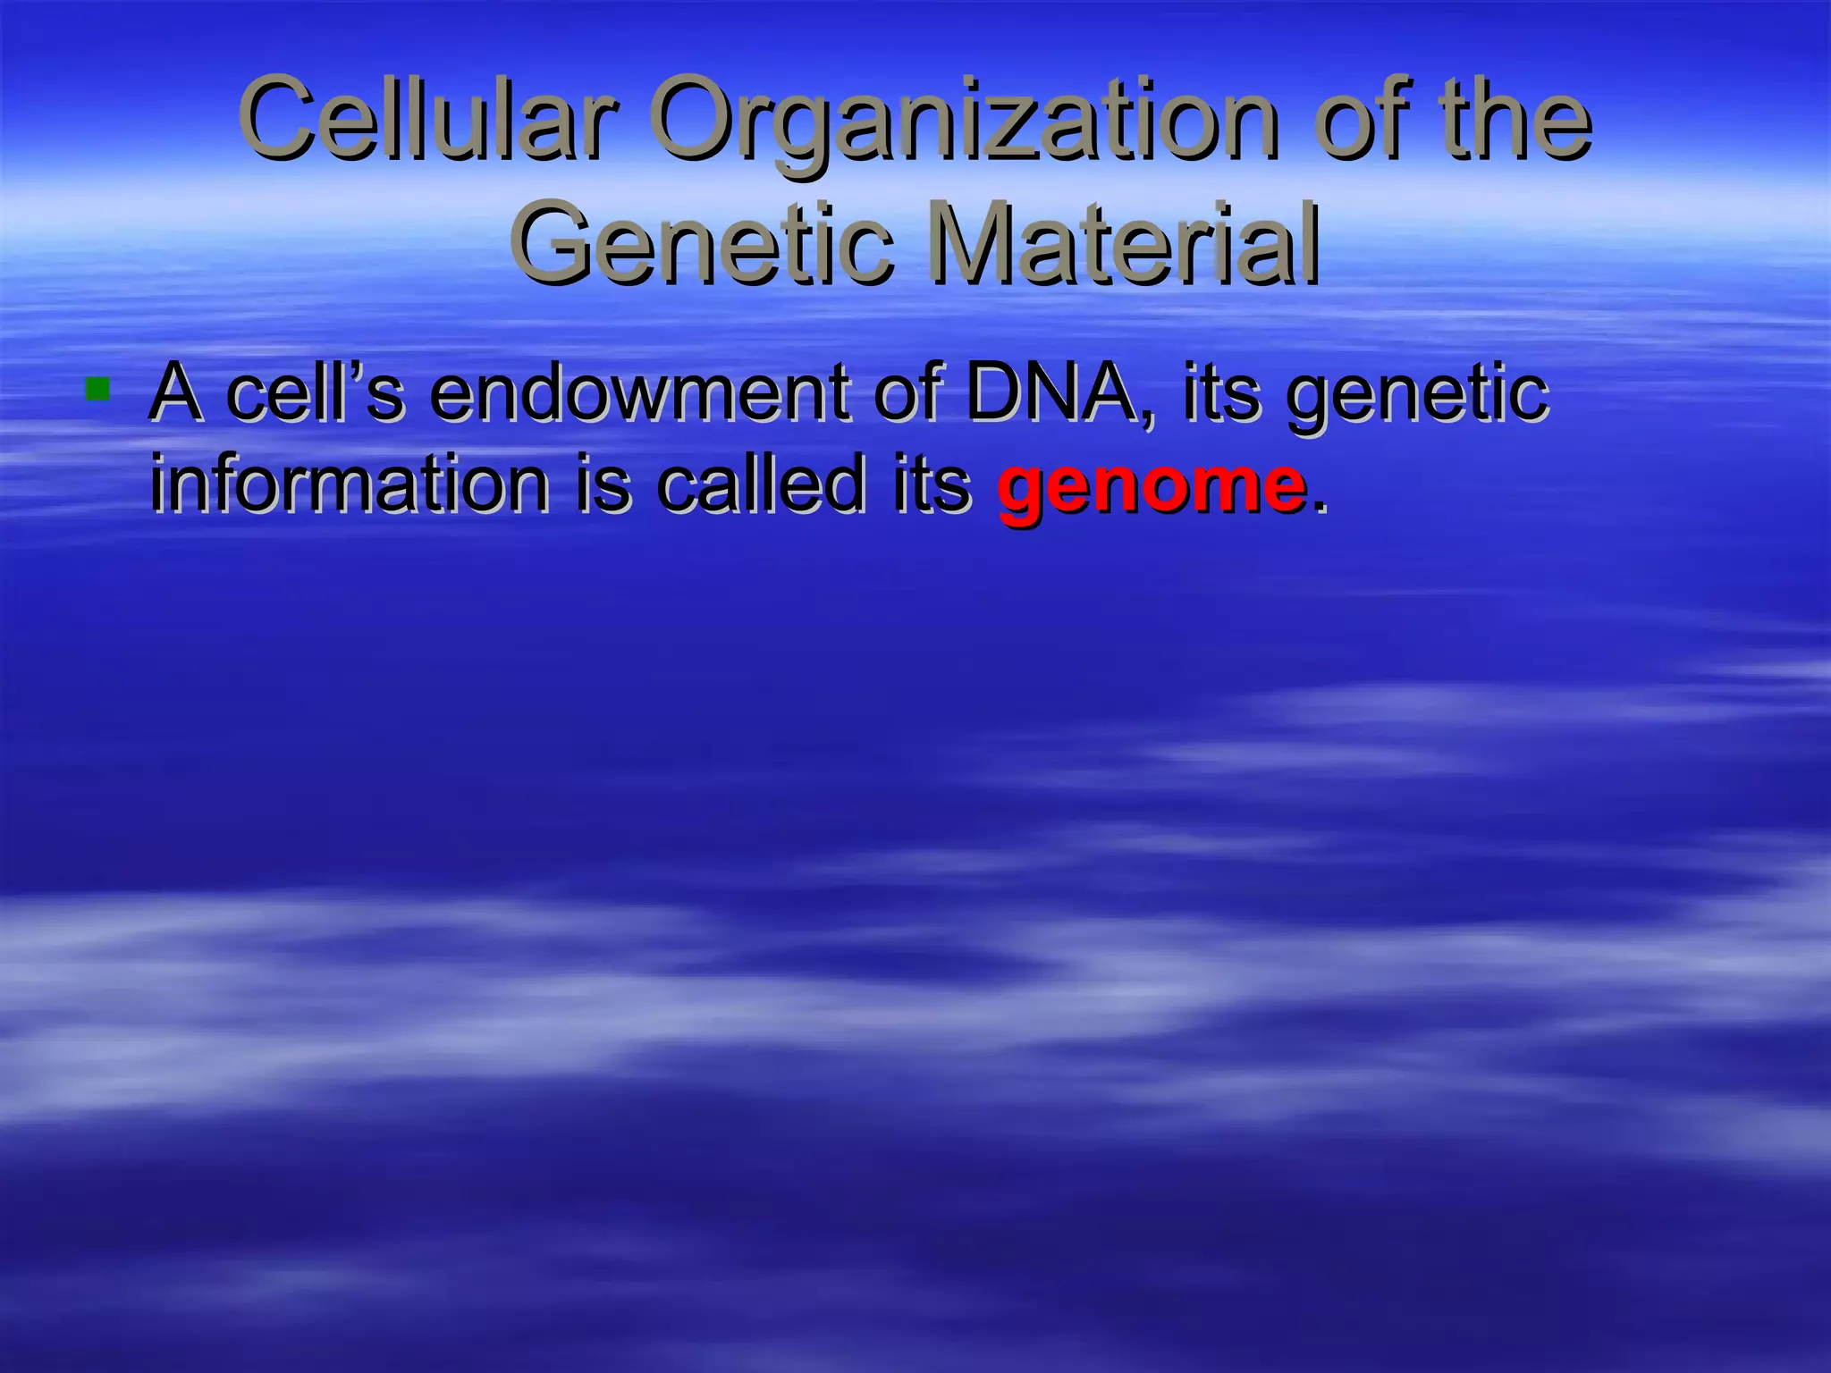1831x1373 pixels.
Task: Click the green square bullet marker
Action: (97, 390)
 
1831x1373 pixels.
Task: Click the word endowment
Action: (638, 393)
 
